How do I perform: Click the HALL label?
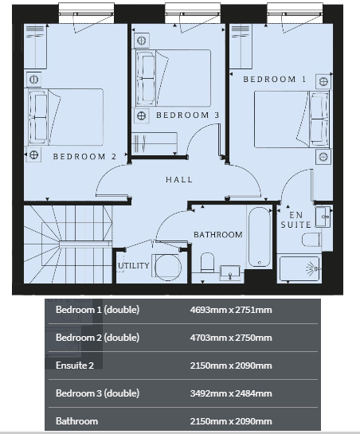point(179,180)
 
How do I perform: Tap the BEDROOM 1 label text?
point(275,80)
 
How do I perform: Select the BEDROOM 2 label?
point(84,157)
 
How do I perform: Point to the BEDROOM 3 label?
point(187,115)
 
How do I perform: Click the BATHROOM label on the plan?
point(218,235)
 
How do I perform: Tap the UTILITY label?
point(134,266)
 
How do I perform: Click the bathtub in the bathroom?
point(259,237)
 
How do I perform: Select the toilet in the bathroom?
point(207,263)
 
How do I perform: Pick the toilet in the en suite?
point(311,240)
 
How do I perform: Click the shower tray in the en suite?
point(299,268)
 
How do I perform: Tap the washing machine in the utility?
point(167,267)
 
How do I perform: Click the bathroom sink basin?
point(230,272)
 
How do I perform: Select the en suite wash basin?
point(323,217)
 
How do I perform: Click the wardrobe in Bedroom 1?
point(241,46)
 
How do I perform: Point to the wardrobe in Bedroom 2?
point(36,46)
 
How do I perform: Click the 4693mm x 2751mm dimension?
point(231,310)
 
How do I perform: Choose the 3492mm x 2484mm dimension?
point(231,393)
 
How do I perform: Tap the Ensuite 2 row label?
point(75,366)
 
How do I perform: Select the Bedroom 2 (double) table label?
point(97,338)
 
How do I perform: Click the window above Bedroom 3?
point(193,14)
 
